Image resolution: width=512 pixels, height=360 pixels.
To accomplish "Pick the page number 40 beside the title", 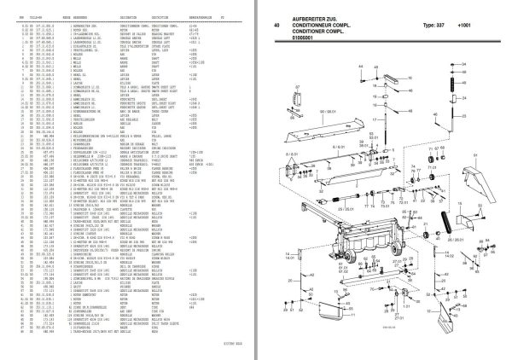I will [277, 26].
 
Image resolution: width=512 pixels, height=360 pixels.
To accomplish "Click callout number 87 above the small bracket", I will [298, 86].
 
